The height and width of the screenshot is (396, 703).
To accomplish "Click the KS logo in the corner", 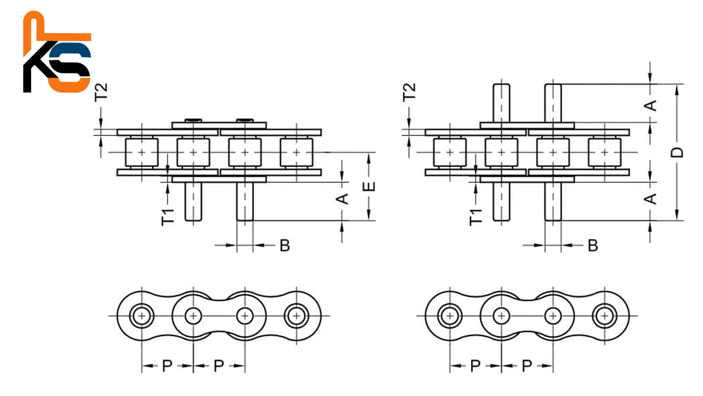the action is (57, 52).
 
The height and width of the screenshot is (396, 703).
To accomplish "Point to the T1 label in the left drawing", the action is (168, 217).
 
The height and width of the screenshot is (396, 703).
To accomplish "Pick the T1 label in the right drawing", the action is (476, 217).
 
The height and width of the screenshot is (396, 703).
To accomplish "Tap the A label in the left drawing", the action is (342, 199).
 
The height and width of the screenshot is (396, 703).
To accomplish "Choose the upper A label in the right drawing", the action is (650, 106).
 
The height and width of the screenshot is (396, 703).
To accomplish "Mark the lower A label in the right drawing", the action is (650, 199).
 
